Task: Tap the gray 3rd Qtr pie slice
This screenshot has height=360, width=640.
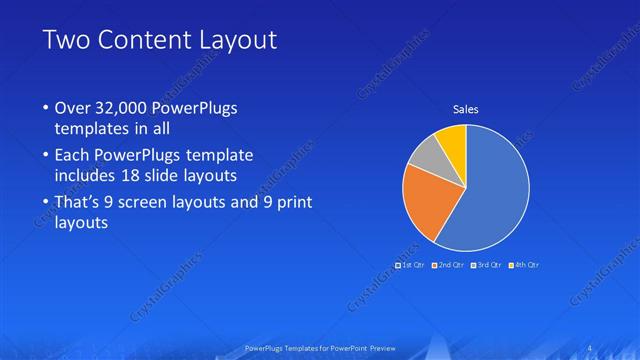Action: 426,155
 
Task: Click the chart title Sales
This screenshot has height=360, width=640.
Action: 466,108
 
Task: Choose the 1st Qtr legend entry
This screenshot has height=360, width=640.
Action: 411,265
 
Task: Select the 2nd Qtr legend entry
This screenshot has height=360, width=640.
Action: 447,265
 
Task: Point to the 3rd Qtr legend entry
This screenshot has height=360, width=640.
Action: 485,265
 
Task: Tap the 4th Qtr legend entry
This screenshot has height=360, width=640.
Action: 523,265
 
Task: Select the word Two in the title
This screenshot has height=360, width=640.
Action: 66,41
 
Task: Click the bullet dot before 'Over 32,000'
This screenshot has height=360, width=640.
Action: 46,108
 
